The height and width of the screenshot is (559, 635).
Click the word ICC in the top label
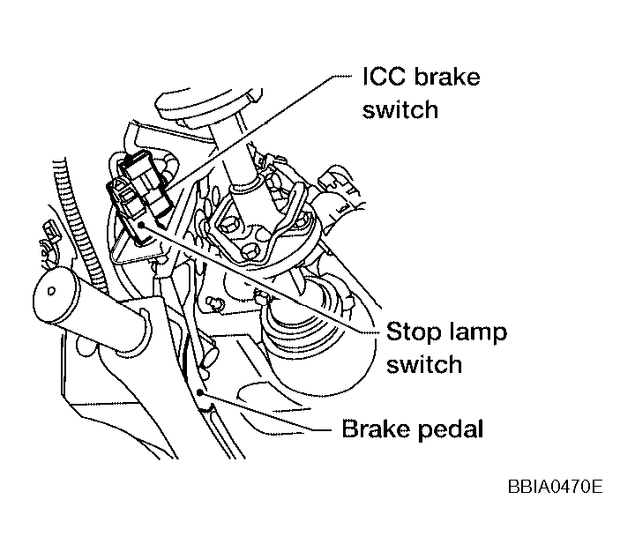coord(383,78)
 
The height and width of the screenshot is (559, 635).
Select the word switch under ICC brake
coord(400,109)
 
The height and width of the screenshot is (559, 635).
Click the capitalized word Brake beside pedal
coord(374,430)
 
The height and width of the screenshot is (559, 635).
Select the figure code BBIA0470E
coord(554,486)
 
